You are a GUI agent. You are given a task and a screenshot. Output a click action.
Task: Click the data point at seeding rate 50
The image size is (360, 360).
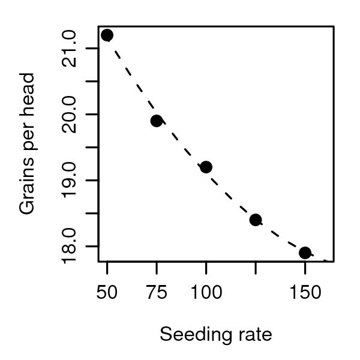[x=107, y=35]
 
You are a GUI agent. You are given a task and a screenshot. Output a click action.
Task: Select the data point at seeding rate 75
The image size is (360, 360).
[x=157, y=121]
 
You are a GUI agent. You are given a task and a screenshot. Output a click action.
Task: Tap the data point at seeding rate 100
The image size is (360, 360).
[x=206, y=167]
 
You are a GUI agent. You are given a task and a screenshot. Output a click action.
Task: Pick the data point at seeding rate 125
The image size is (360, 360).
[x=256, y=220]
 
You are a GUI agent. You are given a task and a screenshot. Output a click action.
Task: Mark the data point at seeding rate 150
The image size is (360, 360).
[x=305, y=253]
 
